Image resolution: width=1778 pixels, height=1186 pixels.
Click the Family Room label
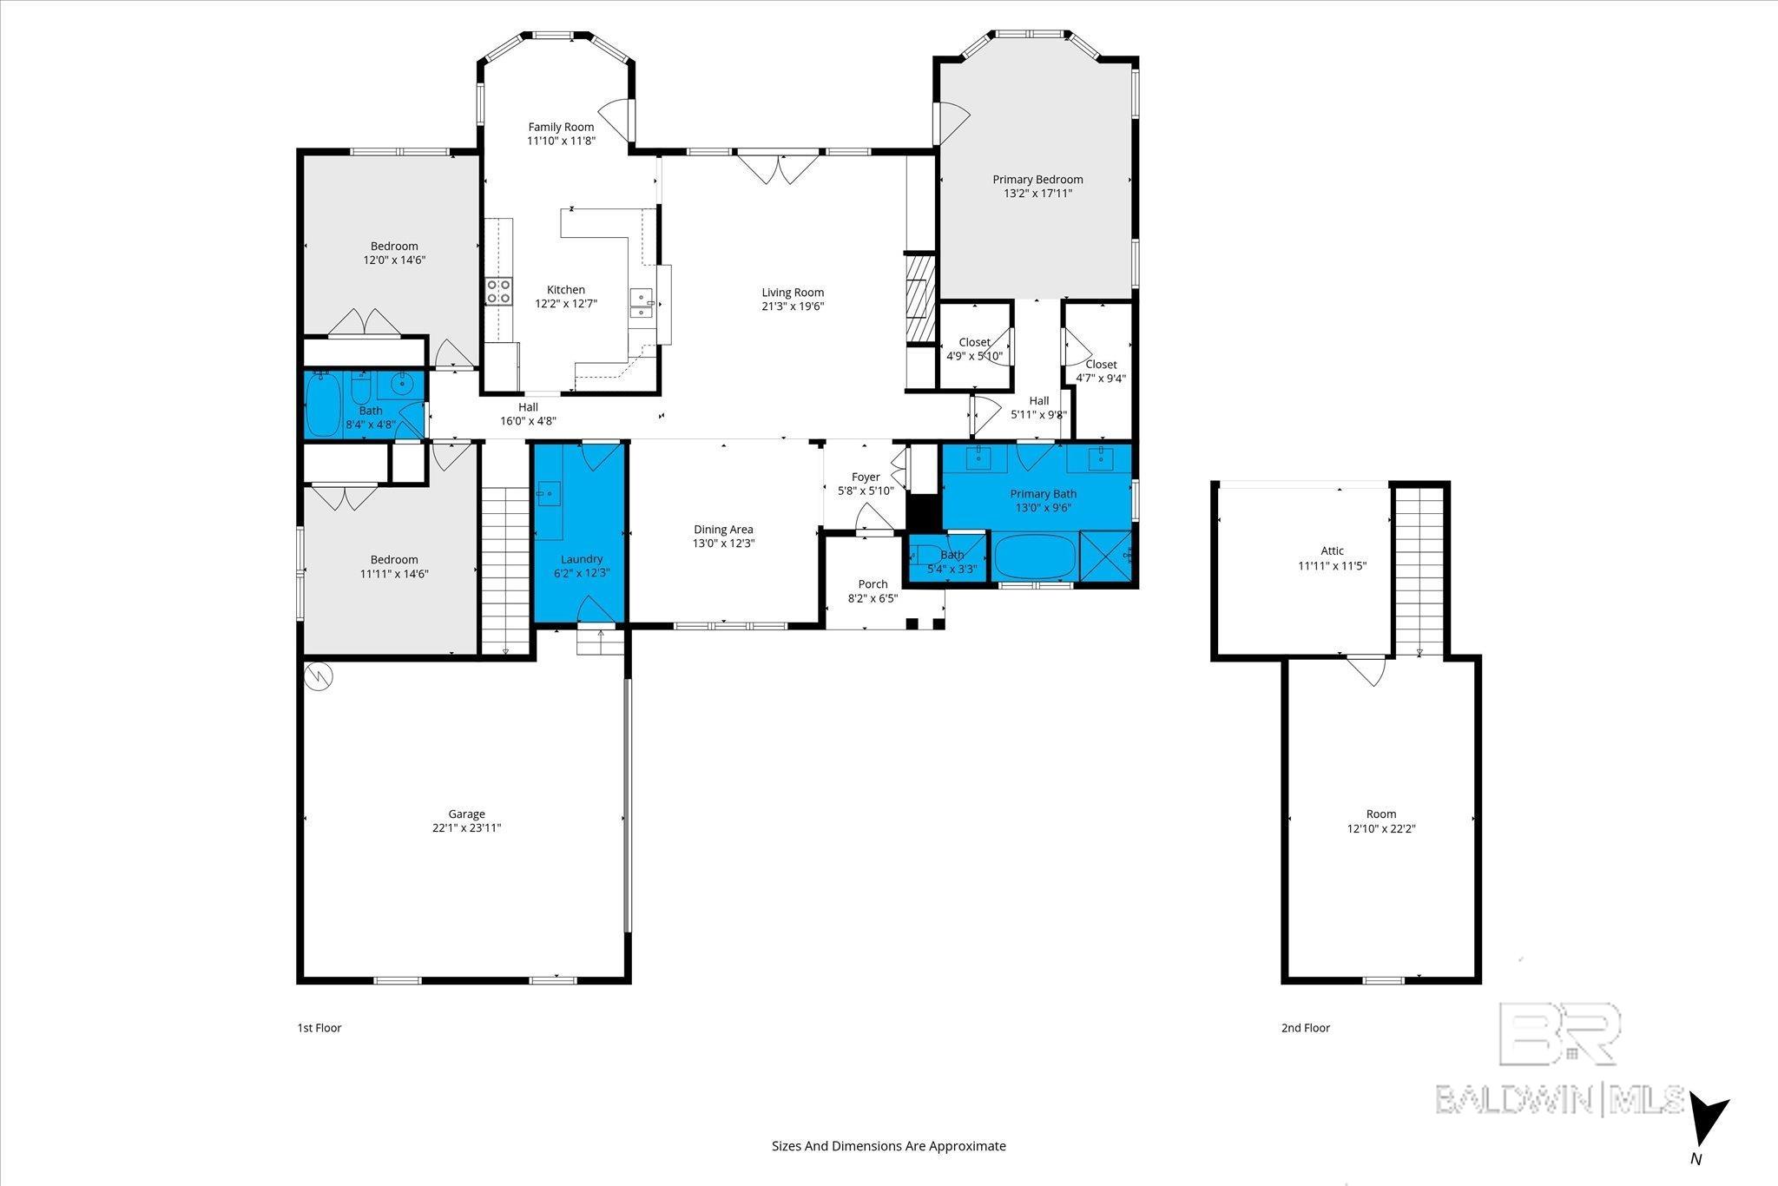561,127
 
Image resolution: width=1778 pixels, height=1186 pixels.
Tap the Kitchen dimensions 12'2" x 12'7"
565,304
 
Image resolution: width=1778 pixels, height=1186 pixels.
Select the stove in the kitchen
498,291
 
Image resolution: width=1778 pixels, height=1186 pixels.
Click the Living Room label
793,293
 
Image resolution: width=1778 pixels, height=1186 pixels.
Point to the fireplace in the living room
919,300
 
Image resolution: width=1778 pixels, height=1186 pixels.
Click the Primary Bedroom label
1037,180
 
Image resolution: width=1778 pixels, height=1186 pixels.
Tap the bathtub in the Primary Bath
1034,556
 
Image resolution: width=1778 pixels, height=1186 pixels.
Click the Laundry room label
582,559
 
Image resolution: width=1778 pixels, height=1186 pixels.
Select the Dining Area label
723,529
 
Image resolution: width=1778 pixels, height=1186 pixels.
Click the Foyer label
866,477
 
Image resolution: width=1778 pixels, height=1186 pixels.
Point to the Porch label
873,584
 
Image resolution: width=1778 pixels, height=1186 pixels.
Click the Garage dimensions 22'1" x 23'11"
466,828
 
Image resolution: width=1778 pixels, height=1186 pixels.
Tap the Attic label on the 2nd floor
1333,550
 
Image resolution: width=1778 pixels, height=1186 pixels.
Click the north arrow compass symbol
1709,1122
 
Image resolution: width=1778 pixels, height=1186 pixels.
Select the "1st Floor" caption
319,1028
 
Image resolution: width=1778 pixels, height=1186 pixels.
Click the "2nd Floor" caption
1306,1028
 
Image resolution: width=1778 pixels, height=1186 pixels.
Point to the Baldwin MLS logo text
1559,1099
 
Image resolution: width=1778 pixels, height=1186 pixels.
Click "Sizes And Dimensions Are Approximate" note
889,1146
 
